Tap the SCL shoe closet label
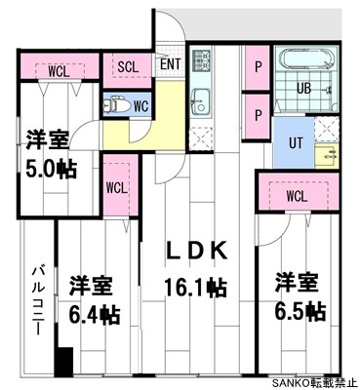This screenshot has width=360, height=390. [128, 66]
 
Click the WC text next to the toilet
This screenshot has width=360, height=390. [140, 104]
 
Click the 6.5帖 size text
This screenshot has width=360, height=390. [300, 312]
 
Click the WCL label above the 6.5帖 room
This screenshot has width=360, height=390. [298, 195]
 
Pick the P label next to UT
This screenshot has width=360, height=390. [258, 114]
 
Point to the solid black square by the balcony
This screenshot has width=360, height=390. [64, 362]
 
